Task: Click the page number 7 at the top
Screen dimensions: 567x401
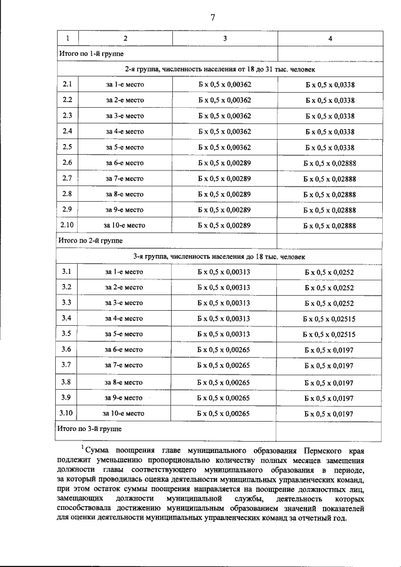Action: pyautogui.click(x=212, y=18)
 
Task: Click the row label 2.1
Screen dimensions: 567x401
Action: pyautogui.click(x=68, y=85)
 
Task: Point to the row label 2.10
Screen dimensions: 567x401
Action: pyautogui.click(x=67, y=225)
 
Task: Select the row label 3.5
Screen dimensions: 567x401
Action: pyautogui.click(x=66, y=334)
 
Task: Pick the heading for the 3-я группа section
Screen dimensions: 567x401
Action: pyautogui.click(x=219, y=256)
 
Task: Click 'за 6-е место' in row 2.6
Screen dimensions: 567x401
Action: pyautogui.click(x=125, y=163)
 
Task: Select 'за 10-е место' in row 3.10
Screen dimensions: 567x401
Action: pyautogui.click(x=123, y=414)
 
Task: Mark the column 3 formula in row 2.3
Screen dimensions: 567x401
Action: pyautogui.click(x=224, y=116)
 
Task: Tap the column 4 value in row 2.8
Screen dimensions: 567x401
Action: pyautogui.click(x=330, y=194)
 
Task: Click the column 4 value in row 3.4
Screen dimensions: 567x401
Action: pyautogui.click(x=329, y=319)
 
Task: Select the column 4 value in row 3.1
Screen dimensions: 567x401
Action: pyautogui.click(x=329, y=272)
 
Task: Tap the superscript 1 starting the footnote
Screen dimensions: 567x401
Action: pyautogui.click(x=82, y=447)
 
